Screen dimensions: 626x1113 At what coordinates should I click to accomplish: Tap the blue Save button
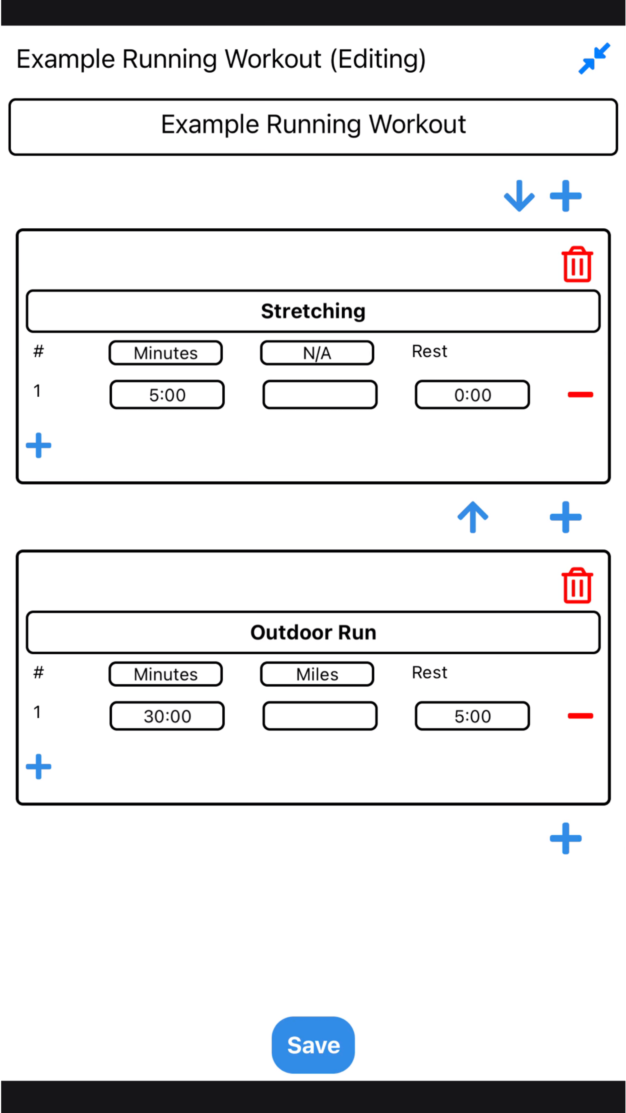(x=313, y=1044)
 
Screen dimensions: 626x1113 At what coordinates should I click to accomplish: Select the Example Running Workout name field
(x=313, y=127)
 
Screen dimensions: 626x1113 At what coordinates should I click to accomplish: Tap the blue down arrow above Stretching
(x=519, y=196)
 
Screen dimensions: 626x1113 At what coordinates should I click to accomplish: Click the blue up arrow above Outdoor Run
(x=473, y=517)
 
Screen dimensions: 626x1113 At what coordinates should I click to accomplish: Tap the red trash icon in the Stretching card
(x=577, y=264)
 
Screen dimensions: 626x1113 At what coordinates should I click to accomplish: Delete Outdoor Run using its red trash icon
(x=577, y=585)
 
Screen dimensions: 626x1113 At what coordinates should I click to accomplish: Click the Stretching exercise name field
(x=313, y=311)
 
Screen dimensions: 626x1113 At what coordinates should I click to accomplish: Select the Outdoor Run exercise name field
(x=313, y=632)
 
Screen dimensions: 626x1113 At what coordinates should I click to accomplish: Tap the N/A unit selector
(x=317, y=353)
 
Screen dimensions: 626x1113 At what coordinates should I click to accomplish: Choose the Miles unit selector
(x=317, y=674)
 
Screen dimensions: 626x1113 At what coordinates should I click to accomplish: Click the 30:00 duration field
(x=167, y=716)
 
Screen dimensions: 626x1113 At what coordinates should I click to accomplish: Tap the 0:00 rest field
(x=472, y=395)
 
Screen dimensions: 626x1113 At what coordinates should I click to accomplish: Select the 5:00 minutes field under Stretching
(x=167, y=395)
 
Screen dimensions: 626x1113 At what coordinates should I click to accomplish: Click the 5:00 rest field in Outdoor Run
(x=472, y=716)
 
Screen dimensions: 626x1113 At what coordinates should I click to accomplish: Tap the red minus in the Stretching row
(x=580, y=394)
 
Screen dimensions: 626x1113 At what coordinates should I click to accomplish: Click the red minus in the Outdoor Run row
(x=580, y=715)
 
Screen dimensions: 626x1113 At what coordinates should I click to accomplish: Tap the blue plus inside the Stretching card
(x=39, y=446)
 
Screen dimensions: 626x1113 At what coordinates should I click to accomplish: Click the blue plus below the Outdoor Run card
(x=566, y=838)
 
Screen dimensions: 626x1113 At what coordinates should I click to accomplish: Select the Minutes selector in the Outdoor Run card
(x=166, y=674)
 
